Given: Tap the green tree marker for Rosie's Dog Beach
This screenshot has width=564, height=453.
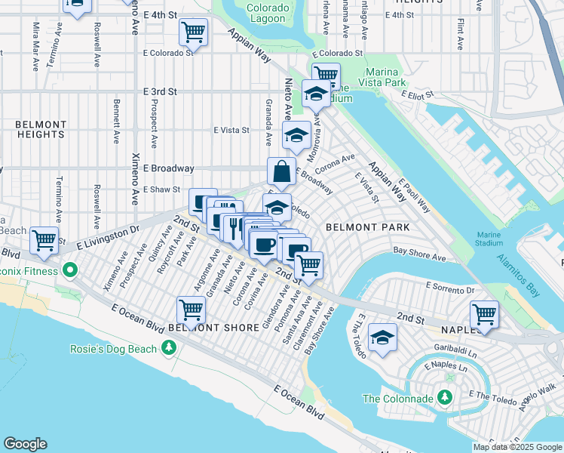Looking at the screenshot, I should pos(170,348).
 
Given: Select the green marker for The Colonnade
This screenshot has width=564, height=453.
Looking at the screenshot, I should pos(445,398).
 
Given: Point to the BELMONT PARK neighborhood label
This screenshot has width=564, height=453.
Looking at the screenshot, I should pos(367,227).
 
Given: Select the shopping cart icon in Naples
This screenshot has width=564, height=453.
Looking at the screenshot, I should pos(483,313).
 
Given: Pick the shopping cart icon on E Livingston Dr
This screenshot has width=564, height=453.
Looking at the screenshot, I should pos(44,240).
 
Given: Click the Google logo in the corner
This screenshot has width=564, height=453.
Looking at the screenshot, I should pos(25,444).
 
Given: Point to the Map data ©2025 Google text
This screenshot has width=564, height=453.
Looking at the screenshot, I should pos(517,447).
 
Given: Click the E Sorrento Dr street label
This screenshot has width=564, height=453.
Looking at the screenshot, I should pos(449,288).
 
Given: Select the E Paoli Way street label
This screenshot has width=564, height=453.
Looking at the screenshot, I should pos(415,196).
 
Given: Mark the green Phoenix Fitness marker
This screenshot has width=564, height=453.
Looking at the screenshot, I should pos(70,269).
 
